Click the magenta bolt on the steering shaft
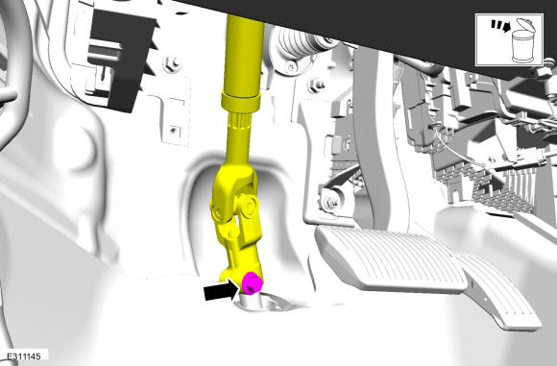point(252,282)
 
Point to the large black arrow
point(221,290)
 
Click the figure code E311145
point(24,356)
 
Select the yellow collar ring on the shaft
point(240,101)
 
